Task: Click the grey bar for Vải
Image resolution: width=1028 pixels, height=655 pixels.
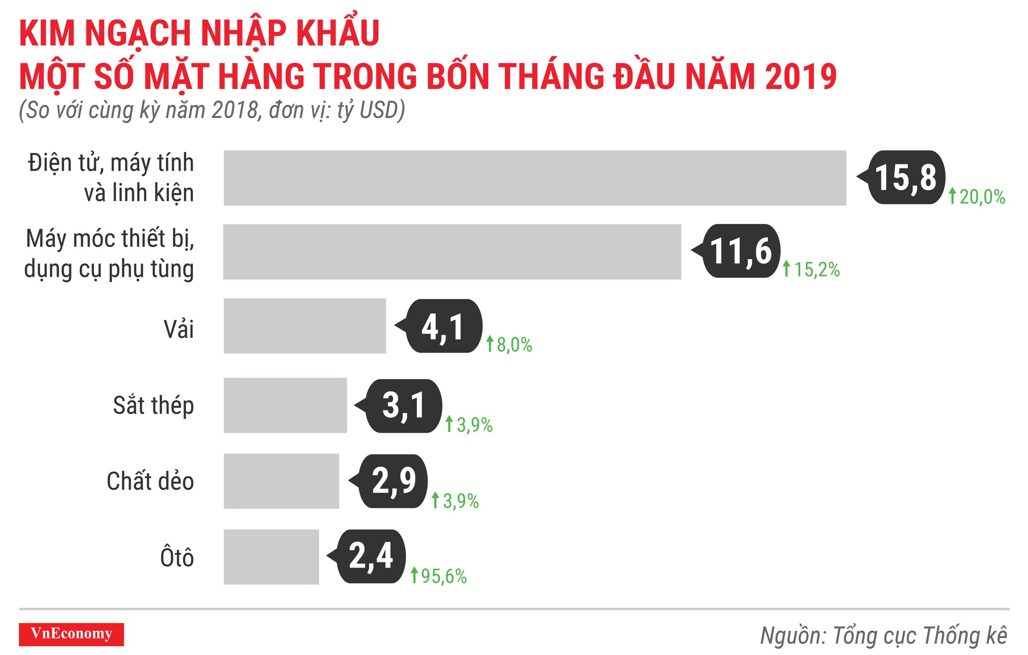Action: (x=304, y=326)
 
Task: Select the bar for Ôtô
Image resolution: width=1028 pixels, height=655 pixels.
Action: (x=271, y=557)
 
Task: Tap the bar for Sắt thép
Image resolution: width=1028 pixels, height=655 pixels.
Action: (x=285, y=405)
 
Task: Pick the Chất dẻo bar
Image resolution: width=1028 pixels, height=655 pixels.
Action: (x=281, y=481)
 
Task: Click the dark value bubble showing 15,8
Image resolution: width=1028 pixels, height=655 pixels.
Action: (x=906, y=177)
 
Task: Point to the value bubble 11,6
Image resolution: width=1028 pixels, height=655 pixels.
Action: (x=741, y=251)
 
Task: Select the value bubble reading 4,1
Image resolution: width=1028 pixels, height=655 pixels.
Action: (x=444, y=326)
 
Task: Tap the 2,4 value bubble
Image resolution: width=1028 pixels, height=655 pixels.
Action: (x=371, y=556)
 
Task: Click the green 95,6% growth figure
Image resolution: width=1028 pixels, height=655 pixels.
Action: (x=444, y=576)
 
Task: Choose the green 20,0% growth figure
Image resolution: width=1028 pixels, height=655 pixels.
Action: (x=982, y=197)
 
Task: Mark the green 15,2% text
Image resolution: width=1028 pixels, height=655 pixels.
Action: (x=817, y=270)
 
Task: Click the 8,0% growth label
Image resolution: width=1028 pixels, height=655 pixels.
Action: (x=514, y=345)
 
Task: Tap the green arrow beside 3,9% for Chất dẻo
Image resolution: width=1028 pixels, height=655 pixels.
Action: (x=435, y=500)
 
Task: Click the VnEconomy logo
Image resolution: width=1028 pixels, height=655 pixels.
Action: (x=71, y=634)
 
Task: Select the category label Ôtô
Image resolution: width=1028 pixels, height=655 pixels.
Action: (x=177, y=557)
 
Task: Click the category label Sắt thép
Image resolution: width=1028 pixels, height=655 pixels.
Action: (x=153, y=405)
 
